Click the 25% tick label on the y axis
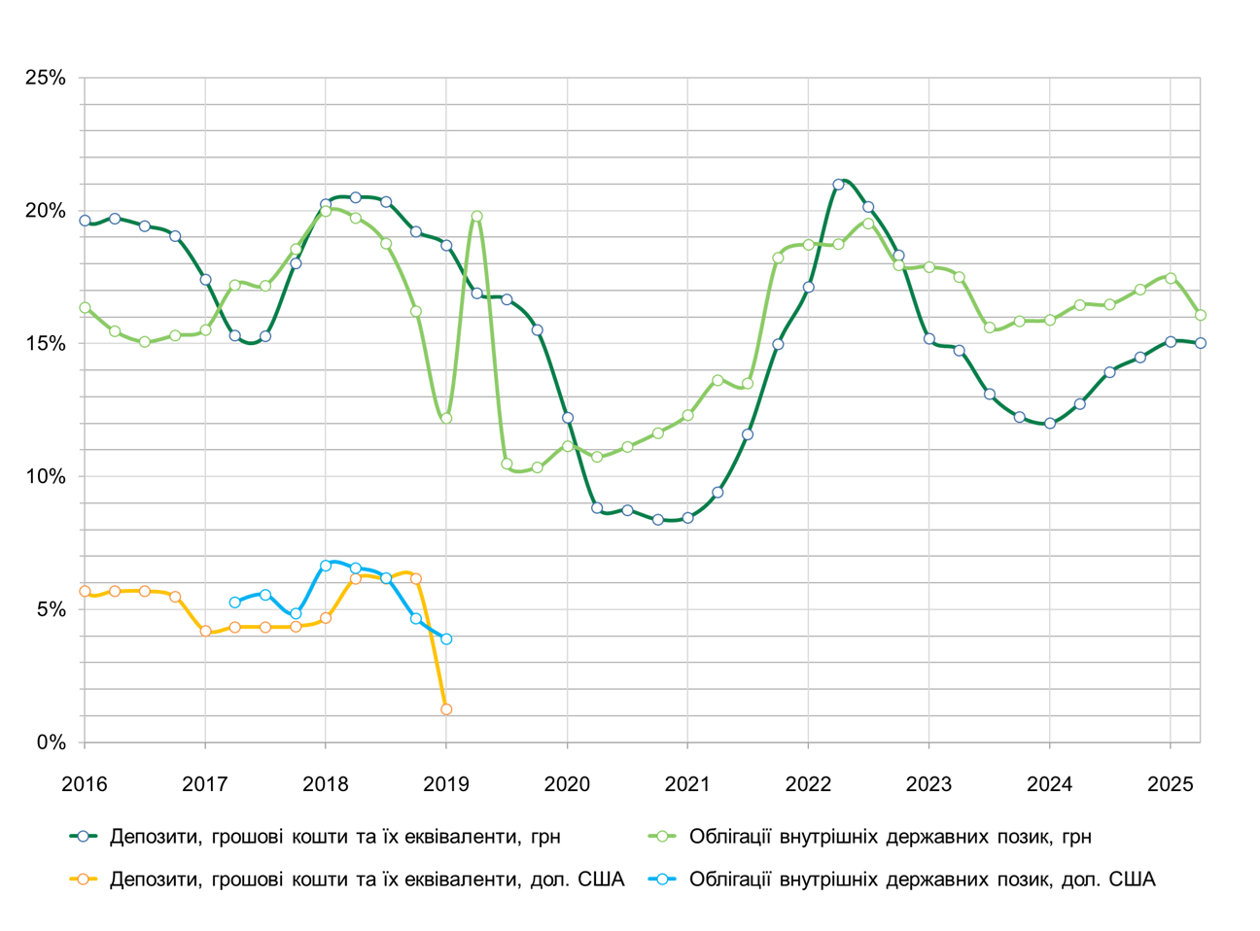click(45, 78)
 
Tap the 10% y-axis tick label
click(45, 477)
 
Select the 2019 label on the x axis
click(446, 784)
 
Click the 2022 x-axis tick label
click(808, 784)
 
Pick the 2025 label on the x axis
click(1170, 784)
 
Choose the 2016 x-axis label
click(85, 784)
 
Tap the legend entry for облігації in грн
click(890, 836)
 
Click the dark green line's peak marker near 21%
click(838, 184)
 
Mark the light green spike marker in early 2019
click(476, 217)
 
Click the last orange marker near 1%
click(446, 709)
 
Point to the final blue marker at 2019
click(446, 638)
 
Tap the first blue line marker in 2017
click(235, 603)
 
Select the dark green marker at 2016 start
click(85, 221)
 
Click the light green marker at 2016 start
click(85, 307)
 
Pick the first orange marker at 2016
click(85, 591)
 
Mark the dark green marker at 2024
click(1049, 424)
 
